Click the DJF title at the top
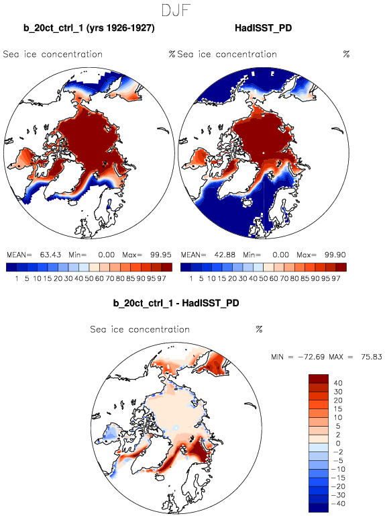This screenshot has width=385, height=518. [176, 11]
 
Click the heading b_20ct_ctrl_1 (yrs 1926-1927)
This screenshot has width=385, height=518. [89, 28]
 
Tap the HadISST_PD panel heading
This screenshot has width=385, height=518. [264, 28]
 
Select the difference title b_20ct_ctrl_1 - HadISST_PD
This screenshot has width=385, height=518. [176, 303]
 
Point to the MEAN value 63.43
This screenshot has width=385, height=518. [50, 255]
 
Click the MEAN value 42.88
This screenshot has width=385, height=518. [225, 255]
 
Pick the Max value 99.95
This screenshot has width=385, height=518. [161, 255]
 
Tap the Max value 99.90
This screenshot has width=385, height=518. [335, 255]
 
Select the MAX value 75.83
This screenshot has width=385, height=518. [371, 357]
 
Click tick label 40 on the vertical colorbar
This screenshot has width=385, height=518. [338, 383]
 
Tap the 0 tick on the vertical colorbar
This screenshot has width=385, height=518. [338, 443]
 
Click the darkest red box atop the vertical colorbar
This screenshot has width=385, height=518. [319, 378]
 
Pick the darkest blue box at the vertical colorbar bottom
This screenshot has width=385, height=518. [319, 508]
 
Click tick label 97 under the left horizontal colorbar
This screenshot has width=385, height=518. [162, 279]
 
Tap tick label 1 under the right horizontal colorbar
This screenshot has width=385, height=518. [190, 279]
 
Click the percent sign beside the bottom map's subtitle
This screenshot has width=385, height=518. [259, 329]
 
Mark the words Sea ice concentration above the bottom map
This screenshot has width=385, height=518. [140, 329]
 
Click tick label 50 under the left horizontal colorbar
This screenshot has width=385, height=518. [89, 279]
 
